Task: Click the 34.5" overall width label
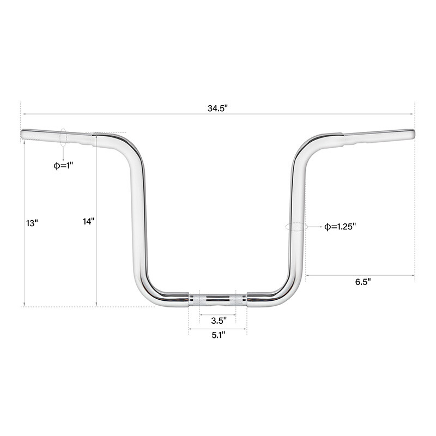point(217,108)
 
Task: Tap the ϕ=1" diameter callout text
point(63,165)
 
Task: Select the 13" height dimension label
point(32,223)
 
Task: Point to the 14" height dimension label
point(89,221)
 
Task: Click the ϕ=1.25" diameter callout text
point(340,226)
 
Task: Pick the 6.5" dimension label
point(362,282)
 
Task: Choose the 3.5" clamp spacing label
point(218,320)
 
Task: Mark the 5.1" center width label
point(218,335)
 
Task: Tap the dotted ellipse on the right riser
point(295,227)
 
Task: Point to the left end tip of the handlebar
point(23,134)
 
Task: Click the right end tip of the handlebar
point(412,132)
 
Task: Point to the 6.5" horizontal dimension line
point(360,275)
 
